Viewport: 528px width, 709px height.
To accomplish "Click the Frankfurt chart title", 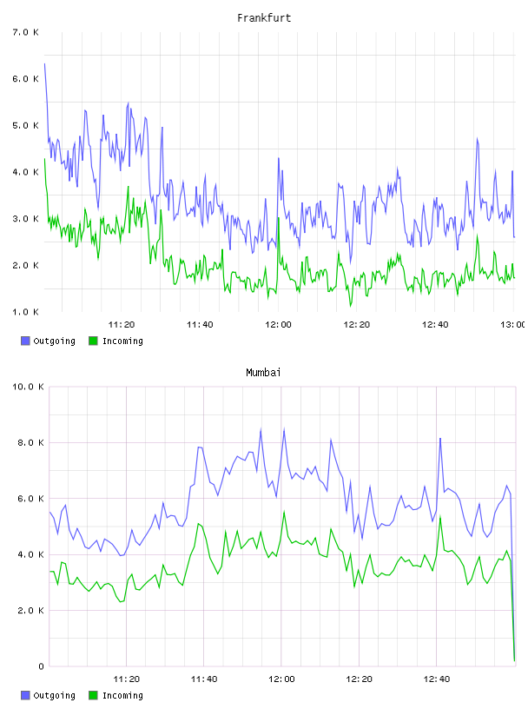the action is coord(264,18).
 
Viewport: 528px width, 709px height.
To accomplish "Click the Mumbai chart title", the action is coord(263,373).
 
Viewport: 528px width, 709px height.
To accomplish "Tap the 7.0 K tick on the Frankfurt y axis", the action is coord(26,32).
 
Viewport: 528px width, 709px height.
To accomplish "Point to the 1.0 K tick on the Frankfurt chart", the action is coord(26,312).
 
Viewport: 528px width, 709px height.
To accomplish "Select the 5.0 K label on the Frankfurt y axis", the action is coord(26,125).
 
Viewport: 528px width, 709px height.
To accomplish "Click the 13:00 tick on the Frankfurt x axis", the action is coord(513,325).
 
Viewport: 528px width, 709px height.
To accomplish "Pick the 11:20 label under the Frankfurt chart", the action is coord(122,325).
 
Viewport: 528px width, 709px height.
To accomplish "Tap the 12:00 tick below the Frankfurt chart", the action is coord(278,325).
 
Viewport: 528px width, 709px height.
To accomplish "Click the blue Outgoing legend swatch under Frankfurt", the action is coord(25,341).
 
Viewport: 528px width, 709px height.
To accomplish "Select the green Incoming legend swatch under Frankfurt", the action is coord(93,341).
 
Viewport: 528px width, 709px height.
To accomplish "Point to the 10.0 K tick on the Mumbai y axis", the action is coord(28,387).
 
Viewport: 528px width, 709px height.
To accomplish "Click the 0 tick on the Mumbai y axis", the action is coord(41,666).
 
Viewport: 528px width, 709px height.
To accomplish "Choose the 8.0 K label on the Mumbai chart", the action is coord(30,442).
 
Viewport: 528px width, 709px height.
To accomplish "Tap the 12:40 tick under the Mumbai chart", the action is coord(437,679).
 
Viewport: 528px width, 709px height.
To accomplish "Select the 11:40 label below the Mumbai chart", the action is coord(204,679).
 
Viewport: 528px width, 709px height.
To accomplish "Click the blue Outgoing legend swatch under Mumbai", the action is coord(25,695).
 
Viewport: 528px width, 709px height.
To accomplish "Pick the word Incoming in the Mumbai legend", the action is coord(122,696).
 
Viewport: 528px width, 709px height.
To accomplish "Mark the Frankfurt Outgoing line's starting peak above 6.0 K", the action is coord(44,64).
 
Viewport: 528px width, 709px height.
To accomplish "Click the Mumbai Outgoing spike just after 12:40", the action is coord(440,438).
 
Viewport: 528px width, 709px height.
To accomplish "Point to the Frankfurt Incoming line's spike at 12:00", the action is coord(278,218).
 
